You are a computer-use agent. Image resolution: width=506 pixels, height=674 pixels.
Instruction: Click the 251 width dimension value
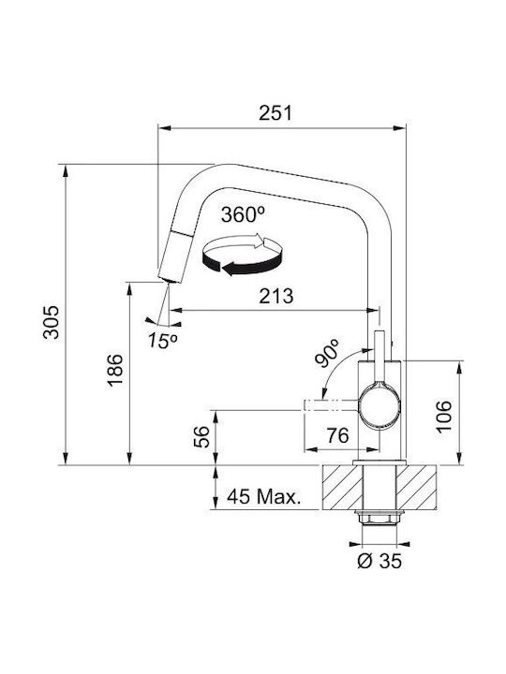click(275, 112)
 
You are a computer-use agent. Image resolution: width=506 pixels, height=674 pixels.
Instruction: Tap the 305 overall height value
click(52, 322)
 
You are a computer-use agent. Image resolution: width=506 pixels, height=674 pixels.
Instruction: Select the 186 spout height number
click(115, 370)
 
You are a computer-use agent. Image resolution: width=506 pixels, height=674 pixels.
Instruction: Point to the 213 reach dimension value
click(276, 296)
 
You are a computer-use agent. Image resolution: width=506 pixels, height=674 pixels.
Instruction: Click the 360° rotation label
click(243, 214)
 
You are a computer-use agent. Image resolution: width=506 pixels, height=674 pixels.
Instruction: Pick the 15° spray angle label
click(162, 341)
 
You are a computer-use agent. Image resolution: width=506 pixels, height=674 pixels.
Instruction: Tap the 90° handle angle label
click(326, 353)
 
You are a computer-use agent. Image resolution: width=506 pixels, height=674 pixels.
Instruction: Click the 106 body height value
click(443, 416)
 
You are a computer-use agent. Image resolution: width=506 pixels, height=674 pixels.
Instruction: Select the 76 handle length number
click(337, 435)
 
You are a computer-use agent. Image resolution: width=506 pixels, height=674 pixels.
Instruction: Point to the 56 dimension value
click(201, 437)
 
